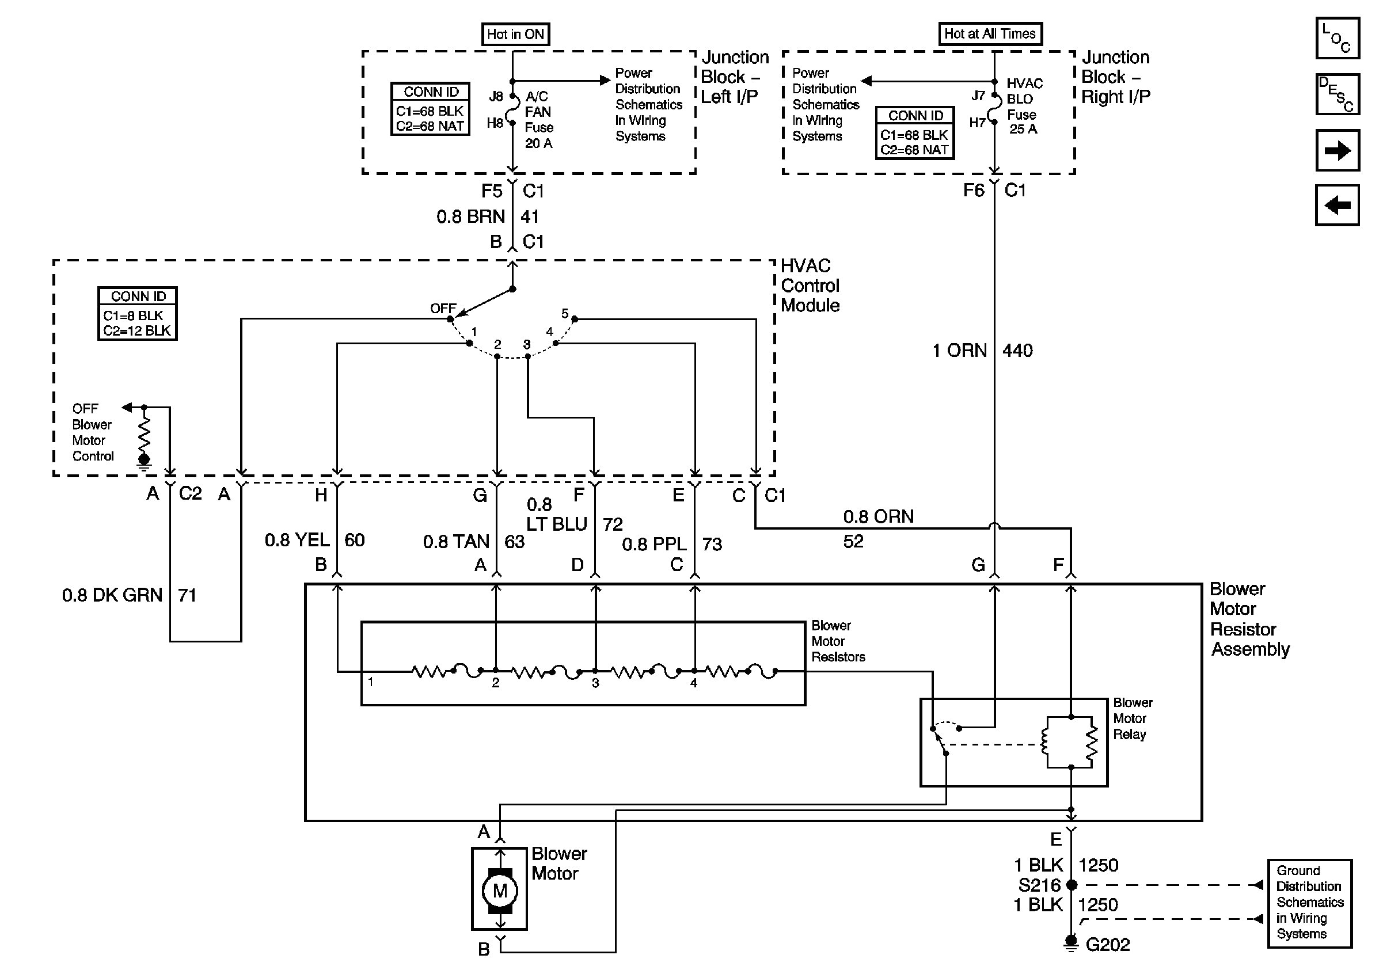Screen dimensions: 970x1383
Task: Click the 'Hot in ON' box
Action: click(x=515, y=35)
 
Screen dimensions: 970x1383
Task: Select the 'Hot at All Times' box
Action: click(x=990, y=34)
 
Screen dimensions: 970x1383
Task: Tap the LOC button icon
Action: click(x=1336, y=38)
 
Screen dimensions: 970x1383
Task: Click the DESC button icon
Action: click(x=1336, y=94)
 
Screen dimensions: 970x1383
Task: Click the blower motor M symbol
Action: click(x=499, y=890)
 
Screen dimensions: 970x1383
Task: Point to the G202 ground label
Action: click(x=1107, y=945)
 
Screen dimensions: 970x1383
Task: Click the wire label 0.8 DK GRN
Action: click(x=112, y=595)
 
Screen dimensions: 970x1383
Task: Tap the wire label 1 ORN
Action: click(x=960, y=351)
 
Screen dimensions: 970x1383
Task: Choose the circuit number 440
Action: click(x=1017, y=351)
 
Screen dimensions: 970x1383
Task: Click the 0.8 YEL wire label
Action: click(x=297, y=540)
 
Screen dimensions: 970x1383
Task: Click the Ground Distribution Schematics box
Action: click(x=1309, y=903)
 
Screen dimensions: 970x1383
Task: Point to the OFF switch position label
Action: click(x=442, y=309)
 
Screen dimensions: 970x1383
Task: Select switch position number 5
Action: click(x=564, y=314)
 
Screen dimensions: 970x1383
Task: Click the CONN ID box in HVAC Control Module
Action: click(x=138, y=314)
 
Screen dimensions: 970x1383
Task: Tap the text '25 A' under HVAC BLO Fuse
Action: click(x=1023, y=129)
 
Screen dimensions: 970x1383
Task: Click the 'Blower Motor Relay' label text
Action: click(x=1132, y=718)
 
